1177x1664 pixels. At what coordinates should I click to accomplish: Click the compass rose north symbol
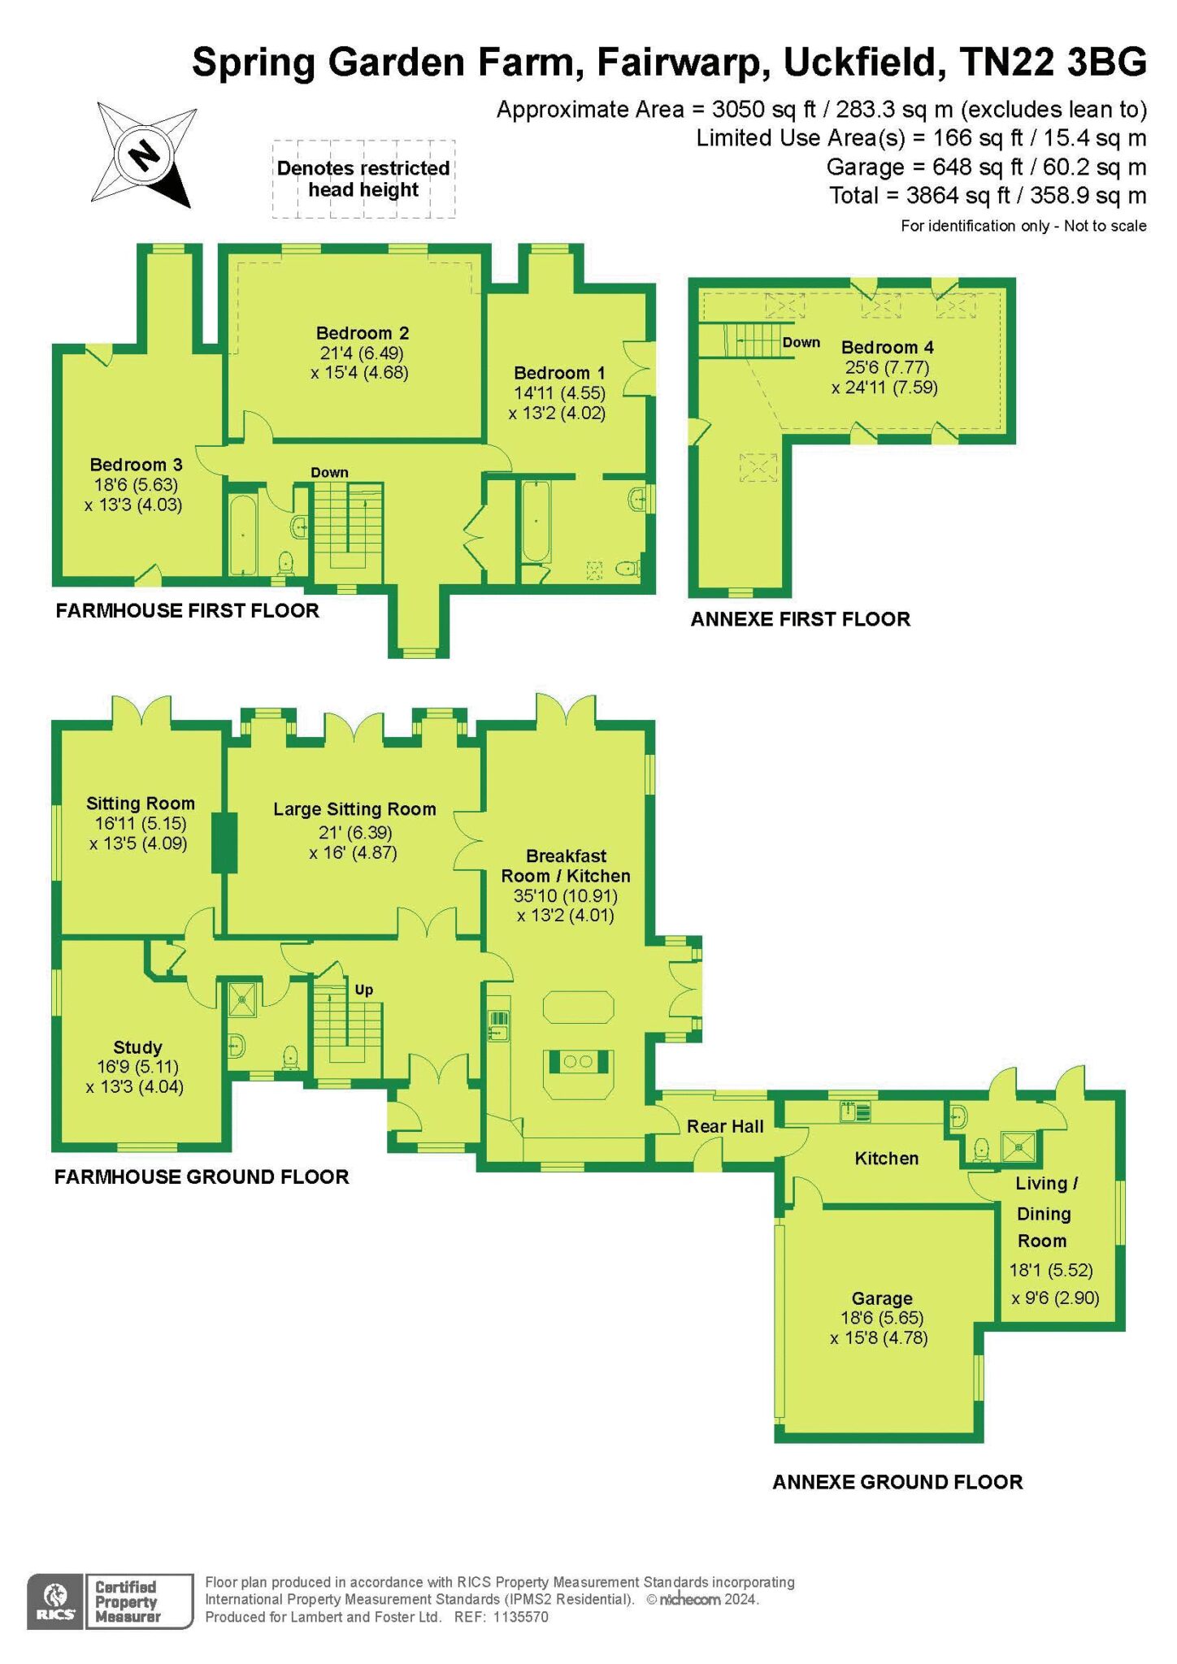tap(145, 154)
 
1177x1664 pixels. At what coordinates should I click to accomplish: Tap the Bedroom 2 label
tap(362, 333)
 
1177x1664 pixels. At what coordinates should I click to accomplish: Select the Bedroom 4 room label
tap(887, 348)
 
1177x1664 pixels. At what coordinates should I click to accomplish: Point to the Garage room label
tap(881, 1298)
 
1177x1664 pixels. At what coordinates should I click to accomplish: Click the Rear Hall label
tap(725, 1126)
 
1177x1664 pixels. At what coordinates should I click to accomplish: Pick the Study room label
tap(137, 1047)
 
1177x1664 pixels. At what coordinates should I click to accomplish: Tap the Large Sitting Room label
tap(354, 809)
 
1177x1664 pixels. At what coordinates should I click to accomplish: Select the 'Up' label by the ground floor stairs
tap(363, 990)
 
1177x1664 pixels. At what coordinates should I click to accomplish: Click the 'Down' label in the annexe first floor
tap(801, 343)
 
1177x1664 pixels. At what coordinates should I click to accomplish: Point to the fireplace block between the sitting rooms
tap(224, 843)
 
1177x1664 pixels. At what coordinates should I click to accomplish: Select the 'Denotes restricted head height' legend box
tap(363, 179)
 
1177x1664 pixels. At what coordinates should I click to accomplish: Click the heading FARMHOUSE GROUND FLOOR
tap(202, 1176)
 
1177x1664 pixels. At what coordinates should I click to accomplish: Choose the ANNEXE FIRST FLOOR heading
tap(801, 619)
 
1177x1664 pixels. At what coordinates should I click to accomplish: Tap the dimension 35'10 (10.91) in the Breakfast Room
tap(566, 896)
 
